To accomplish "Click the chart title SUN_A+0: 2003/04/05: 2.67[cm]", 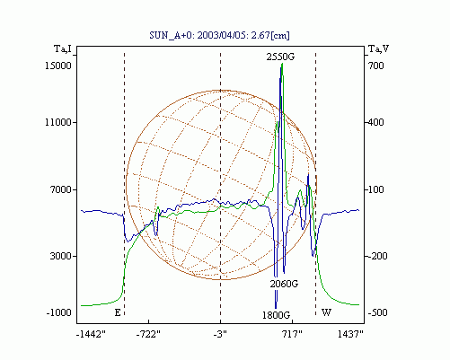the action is point(219,35).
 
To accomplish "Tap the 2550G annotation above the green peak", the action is point(280,57).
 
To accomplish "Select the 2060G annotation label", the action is point(284,284).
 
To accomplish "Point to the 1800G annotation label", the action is point(277,315).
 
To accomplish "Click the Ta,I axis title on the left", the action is point(63,48).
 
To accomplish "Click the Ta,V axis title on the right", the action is point(378,48).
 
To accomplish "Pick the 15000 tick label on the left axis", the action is point(58,66).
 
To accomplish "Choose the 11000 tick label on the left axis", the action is point(58,122).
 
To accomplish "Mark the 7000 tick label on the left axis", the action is point(61,189).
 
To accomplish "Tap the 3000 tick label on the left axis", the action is point(61,256).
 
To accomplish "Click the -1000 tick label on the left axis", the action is point(58,312).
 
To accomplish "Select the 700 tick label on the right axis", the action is point(375,66).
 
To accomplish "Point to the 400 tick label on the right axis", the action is point(375,122).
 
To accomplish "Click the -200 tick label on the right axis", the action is point(377,256).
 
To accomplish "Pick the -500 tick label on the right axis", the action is point(377,312).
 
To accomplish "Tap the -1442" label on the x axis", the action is point(91,334).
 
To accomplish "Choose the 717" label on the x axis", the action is point(292,334).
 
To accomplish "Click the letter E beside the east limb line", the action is point(118,313).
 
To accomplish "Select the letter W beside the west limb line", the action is point(326,312).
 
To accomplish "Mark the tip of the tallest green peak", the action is point(282,64).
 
